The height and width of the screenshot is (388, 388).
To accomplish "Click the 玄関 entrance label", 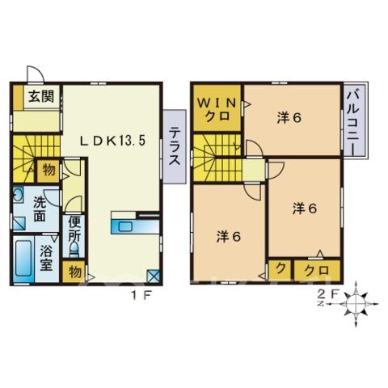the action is tap(41, 96).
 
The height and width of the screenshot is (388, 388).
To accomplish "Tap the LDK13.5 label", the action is tap(113, 141).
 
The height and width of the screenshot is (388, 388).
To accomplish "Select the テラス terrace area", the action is tap(175, 147).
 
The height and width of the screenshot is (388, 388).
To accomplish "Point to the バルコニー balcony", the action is tap(355, 120).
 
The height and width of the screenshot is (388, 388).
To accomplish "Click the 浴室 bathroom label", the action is tap(46, 258).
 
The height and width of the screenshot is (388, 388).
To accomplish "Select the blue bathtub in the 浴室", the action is tap(23, 259).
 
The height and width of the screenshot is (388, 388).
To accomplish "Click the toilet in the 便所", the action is tap(74, 249).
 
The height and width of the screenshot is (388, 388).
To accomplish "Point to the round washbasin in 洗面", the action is tap(19, 195).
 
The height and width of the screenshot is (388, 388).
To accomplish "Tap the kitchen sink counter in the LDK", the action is tap(135, 227).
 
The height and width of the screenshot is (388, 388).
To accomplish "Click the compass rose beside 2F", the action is tap(356, 304).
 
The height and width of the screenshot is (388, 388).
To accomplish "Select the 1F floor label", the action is tap(142, 296).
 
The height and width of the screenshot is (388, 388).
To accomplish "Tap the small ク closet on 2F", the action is tap(280, 270).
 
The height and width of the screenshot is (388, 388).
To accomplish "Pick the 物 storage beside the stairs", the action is tap(48, 171).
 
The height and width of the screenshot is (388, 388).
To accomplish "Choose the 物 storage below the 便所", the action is tap(74, 272).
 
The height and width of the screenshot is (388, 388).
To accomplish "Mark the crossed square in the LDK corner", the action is tap(154, 276).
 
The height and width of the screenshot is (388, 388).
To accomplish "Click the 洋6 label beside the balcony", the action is tap(289, 118).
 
